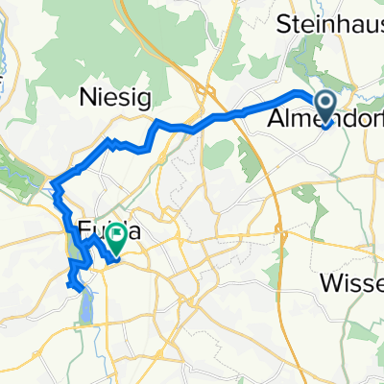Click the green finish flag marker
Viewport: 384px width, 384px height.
click(x=116, y=237)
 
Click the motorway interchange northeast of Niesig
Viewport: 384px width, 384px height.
click(x=204, y=91)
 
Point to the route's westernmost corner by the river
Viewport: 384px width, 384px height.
click(x=52, y=181)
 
